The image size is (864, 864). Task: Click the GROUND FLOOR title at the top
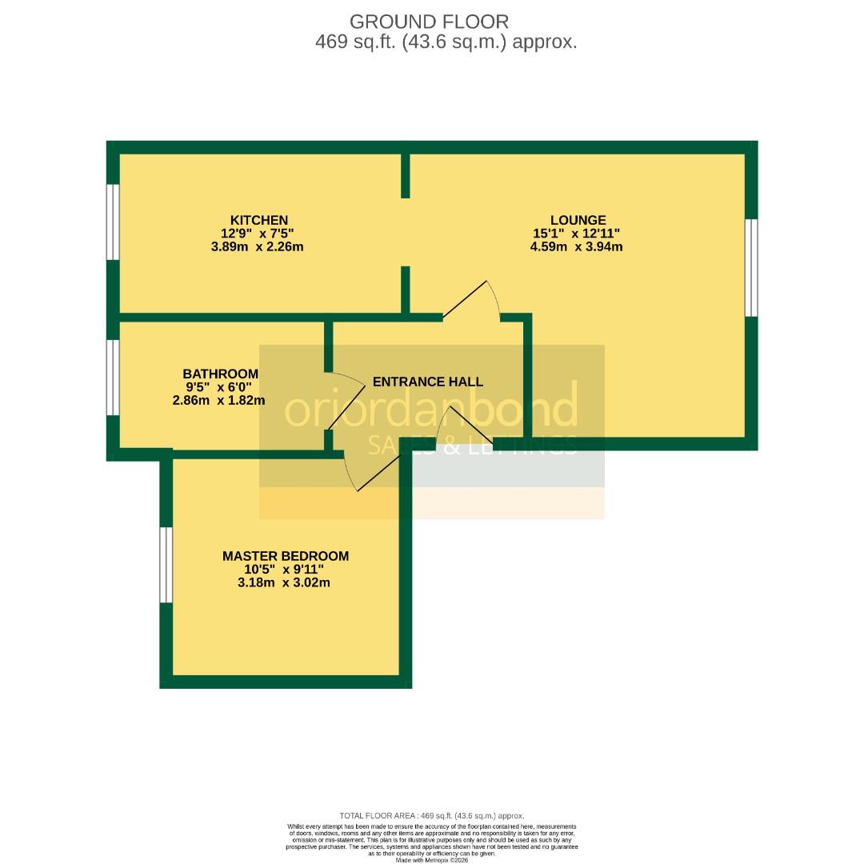[429, 22]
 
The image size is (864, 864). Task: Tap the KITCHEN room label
[259, 220]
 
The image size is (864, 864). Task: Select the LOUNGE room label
[578, 220]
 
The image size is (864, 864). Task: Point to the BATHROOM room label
[220, 374]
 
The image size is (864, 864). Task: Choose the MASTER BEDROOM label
[286, 556]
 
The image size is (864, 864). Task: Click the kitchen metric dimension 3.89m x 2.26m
[257, 246]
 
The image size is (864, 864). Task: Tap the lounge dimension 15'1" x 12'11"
[576, 234]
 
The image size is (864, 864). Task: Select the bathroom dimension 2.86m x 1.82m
[218, 400]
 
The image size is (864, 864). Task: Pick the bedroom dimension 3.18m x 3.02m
[284, 582]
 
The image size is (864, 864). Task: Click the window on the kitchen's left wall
[114, 222]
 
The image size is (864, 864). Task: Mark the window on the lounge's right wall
[751, 268]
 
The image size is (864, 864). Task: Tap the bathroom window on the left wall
[114, 378]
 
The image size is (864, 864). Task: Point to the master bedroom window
[166, 565]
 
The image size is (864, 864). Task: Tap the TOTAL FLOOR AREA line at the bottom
[432, 815]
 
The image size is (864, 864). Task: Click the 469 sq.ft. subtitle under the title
[446, 42]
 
